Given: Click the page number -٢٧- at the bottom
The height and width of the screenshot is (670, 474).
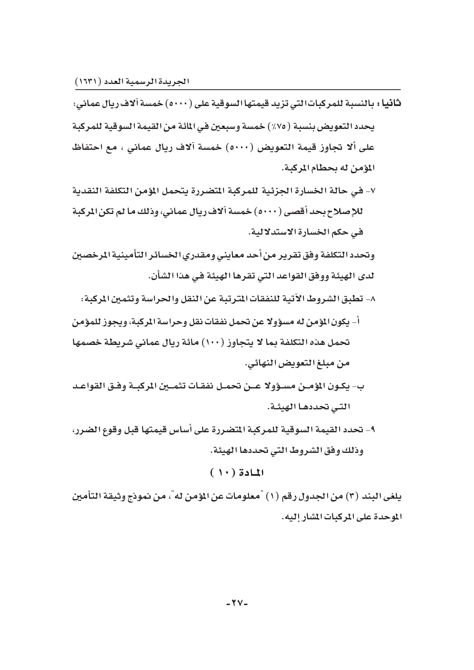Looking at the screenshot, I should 237,602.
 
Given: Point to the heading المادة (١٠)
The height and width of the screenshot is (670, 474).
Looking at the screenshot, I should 237,473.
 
